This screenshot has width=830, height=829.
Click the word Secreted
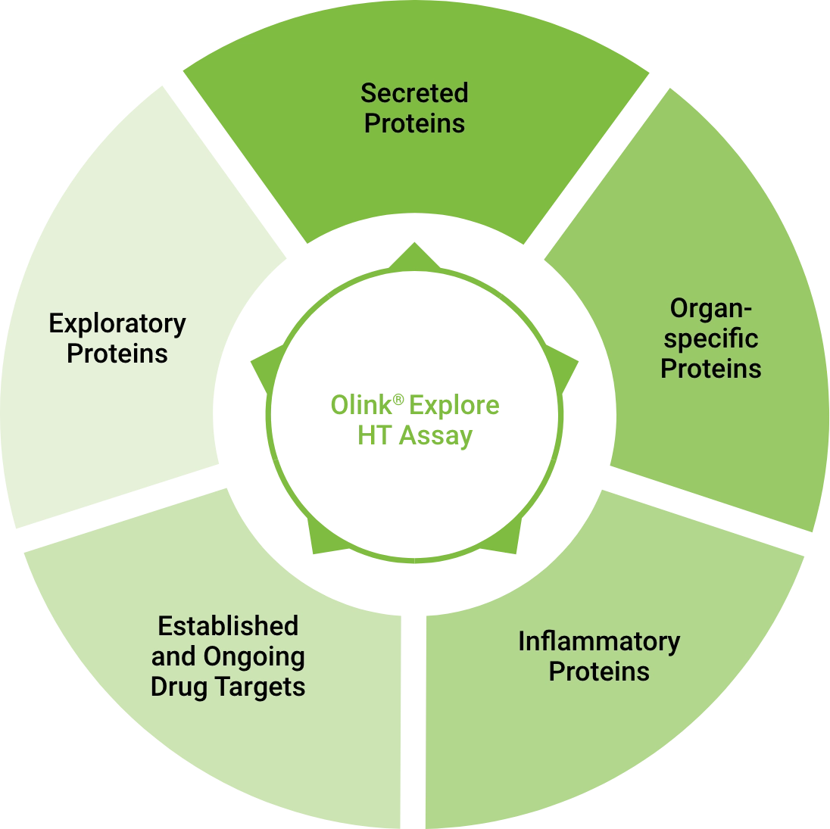(414, 93)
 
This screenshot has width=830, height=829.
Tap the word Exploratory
(117, 324)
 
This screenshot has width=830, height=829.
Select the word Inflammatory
(598, 642)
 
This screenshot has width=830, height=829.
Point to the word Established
(228, 626)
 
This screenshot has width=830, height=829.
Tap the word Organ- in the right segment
(710, 309)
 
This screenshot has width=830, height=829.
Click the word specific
(711, 339)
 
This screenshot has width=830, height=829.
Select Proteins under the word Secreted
(414, 123)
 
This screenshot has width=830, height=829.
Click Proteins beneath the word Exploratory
(117, 354)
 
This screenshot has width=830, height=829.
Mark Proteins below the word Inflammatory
(599, 672)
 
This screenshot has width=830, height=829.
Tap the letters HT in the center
(373, 436)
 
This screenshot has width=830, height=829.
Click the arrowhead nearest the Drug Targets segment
(321, 539)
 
